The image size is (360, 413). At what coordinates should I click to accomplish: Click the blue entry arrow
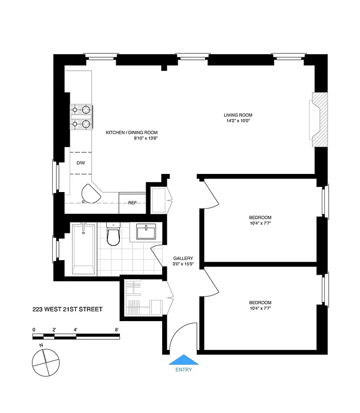183,360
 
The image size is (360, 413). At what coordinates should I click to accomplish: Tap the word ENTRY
183,370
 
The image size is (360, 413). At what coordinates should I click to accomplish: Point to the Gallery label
183,258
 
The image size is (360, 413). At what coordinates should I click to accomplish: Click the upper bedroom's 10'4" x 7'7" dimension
260,223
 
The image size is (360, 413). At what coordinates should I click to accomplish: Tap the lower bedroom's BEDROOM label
260,303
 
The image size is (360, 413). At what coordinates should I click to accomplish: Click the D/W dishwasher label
81,163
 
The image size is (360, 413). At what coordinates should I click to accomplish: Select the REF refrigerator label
132,202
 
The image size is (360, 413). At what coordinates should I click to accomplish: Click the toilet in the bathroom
113,235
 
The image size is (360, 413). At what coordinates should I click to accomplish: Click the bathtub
84,249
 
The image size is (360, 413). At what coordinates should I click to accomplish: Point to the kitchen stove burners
81,116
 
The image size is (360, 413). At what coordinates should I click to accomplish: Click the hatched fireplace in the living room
319,119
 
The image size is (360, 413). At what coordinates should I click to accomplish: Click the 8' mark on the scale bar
117,329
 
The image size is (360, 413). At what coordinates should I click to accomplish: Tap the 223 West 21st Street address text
67,309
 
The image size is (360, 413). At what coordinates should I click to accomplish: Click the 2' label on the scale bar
54,329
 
